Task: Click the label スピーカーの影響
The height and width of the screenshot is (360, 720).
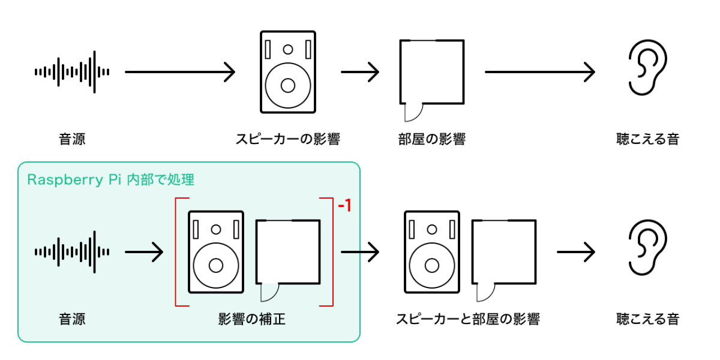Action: pyautogui.click(x=288, y=140)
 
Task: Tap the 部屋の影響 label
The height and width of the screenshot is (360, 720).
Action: pyautogui.click(x=432, y=140)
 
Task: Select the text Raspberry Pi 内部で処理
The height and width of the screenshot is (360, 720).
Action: pyautogui.click(x=111, y=179)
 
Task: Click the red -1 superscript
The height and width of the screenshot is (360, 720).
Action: pyautogui.click(x=344, y=206)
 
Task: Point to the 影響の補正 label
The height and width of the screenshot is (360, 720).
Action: pyautogui.click(x=252, y=319)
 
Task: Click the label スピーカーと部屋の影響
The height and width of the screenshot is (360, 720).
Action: pyautogui.click(x=468, y=319)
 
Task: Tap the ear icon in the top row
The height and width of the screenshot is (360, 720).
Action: pyautogui.click(x=647, y=71)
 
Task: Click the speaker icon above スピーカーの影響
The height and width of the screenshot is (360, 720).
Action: pyautogui.click(x=288, y=72)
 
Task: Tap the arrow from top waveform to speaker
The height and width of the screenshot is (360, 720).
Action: pyautogui.click(x=180, y=72)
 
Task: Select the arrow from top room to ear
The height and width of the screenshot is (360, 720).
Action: pyautogui.click(x=540, y=72)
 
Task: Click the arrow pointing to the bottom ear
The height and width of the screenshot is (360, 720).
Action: pyautogui.click(x=576, y=251)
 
